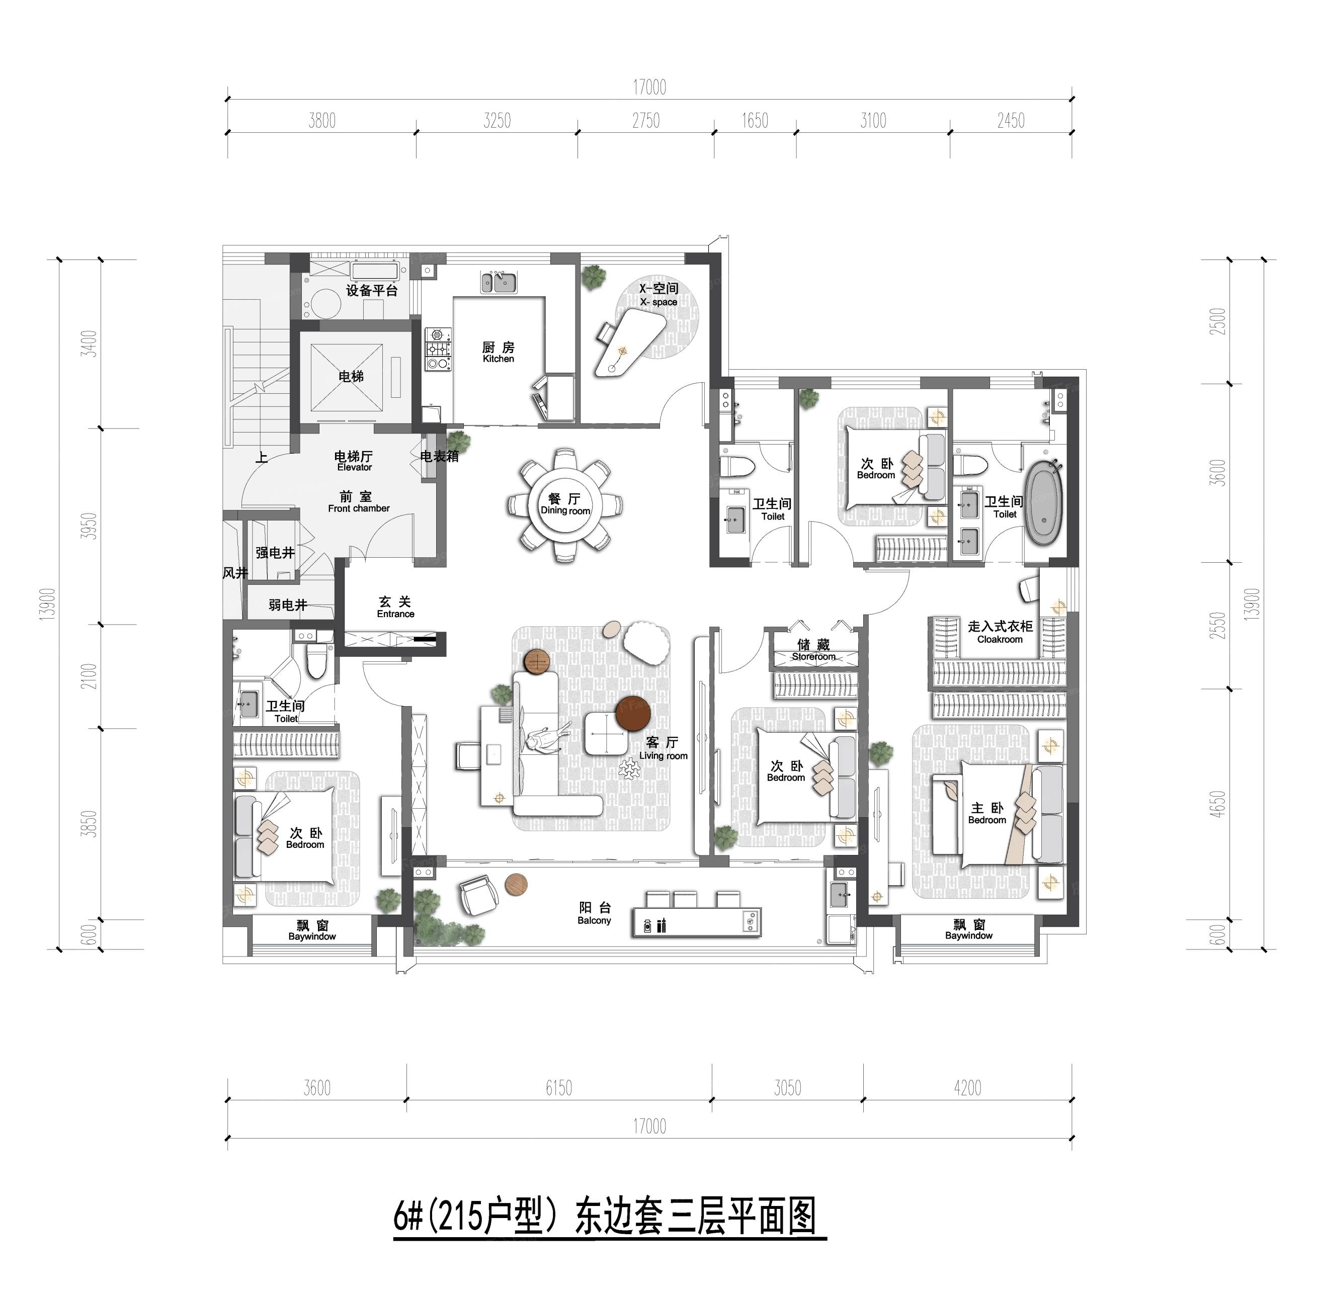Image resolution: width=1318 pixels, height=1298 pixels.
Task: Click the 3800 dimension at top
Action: [322, 121]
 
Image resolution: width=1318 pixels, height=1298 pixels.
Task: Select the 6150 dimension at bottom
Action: [558, 1088]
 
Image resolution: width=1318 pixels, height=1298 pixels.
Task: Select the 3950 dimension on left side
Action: [90, 526]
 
